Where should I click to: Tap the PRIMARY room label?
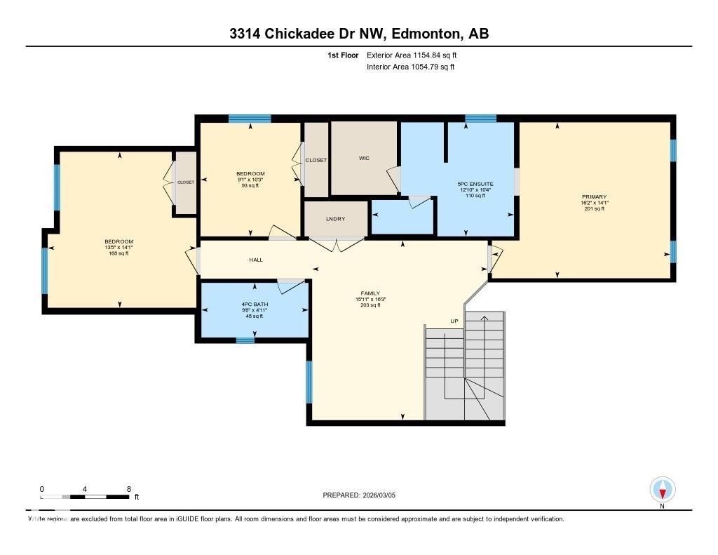click(x=593, y=197)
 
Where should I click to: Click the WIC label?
click(x=364, y=159)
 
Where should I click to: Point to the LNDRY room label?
click(x=336, y=220)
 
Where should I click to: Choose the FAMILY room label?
click(x=370, y=294)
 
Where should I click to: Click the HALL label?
click(x=256, y=260)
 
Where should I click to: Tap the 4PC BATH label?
click(x=255, y=305)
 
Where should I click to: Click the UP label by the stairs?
click(x=454, y=321)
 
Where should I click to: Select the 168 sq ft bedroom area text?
click(x=118, y=253)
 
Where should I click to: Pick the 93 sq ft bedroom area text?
click(x=250, y=186)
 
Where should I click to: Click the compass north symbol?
click(x=662, y=489)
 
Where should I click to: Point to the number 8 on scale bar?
click(x=128, y=489)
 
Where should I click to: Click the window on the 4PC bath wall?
click(x=245, y=340)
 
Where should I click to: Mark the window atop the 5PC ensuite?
click(x=480, y=119)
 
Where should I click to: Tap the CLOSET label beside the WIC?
click(x=316, y=160)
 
